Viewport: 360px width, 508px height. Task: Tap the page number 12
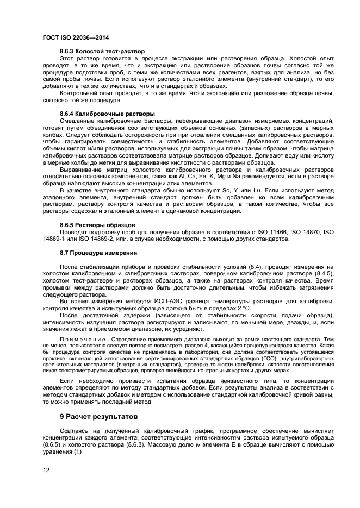point(46,470)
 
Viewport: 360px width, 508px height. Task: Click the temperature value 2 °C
point(243,308)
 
